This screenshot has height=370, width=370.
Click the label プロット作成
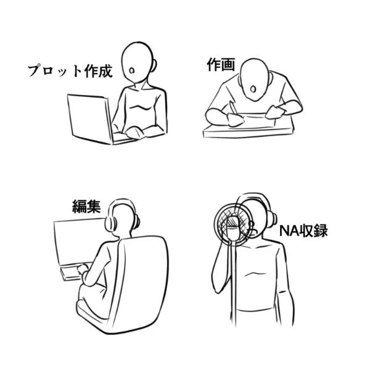coord(70,70)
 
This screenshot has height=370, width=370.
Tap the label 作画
coord(221,64)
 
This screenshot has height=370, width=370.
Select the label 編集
coord(86,207)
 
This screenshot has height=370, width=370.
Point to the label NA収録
coord(303,231)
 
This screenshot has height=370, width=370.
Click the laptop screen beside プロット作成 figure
coord(89,118)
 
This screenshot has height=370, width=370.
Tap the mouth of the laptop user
coord(132,70)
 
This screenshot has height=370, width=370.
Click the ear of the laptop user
coord(154,65)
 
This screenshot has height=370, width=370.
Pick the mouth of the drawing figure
coord(253,89)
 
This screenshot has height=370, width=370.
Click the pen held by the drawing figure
coord(234,109)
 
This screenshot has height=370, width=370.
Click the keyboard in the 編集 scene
coord(75,273)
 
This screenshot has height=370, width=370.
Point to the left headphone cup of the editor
coord(111,224)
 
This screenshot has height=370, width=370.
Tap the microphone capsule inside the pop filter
coord(233,224)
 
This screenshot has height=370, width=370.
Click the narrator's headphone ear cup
coord(273,218)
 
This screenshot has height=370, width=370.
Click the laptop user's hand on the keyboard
coord(135,133)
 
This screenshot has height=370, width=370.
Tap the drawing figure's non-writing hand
coord(274,112)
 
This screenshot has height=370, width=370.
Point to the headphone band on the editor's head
coord(122,201)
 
